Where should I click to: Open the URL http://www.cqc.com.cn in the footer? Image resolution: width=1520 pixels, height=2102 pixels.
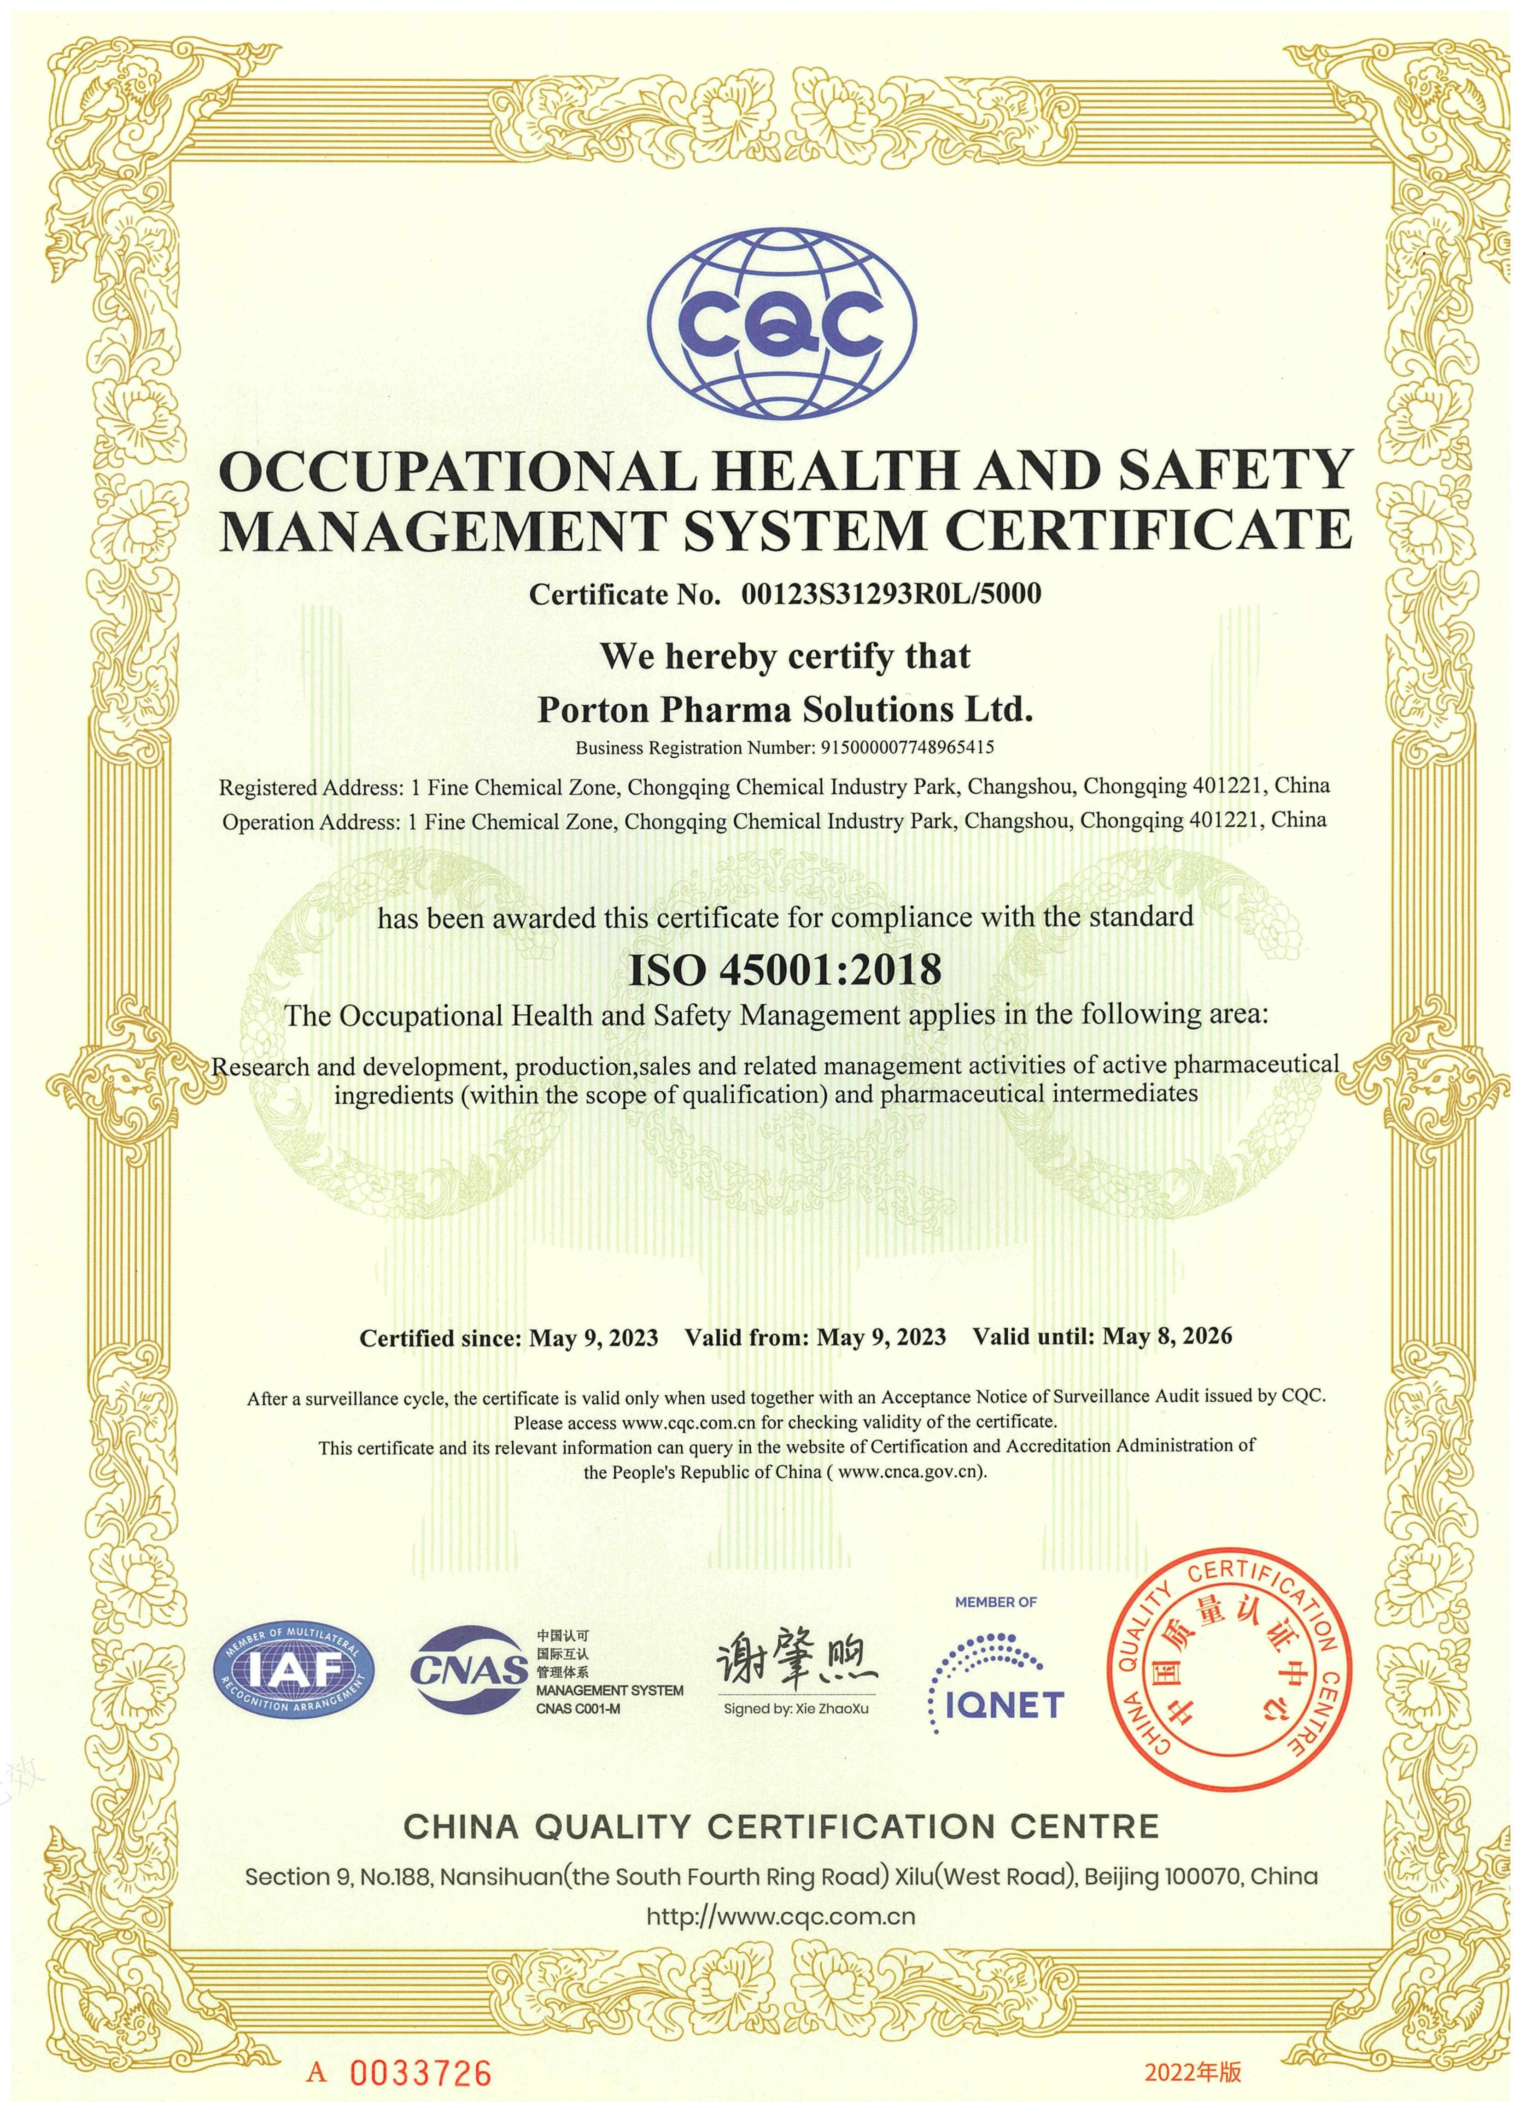pos(780,1917)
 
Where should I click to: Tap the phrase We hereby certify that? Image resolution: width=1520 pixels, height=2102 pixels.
pos(785,656)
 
